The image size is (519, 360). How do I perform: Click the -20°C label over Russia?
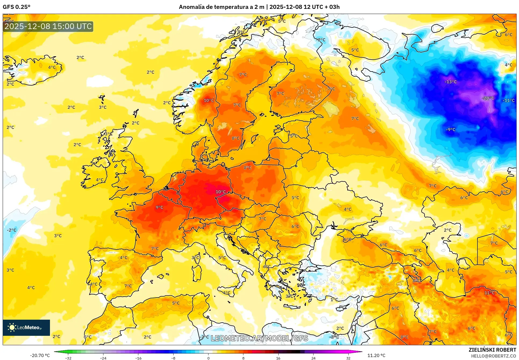coord(488,98)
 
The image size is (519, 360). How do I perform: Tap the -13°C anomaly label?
coord(450,82)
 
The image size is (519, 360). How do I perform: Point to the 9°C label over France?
coord(159,207)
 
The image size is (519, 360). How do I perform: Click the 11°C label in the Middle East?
coord(489,293)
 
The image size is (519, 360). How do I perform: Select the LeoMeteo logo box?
coord(26,327)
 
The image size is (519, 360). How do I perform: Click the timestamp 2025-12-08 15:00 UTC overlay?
coord(48,26)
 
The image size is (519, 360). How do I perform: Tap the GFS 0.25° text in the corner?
coord(16,7)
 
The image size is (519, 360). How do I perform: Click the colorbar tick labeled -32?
coord(68,358)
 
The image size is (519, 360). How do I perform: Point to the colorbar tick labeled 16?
coord(278,358)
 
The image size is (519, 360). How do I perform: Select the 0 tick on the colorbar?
coord(208,358)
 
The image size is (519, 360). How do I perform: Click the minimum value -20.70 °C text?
coord(40,355)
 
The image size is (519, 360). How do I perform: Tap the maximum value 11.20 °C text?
coord(376,355)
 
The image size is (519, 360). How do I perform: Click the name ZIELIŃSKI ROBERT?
coord(492,350)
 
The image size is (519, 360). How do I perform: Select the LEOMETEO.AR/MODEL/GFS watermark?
coord(259,338)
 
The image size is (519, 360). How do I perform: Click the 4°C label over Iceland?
coord(52,67)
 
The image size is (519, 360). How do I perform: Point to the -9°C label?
coord(450,130)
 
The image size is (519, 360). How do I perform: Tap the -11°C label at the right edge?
coord(509,101)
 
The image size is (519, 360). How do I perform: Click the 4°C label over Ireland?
coord(100,180)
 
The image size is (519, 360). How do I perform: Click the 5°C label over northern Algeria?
coord(176,303)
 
